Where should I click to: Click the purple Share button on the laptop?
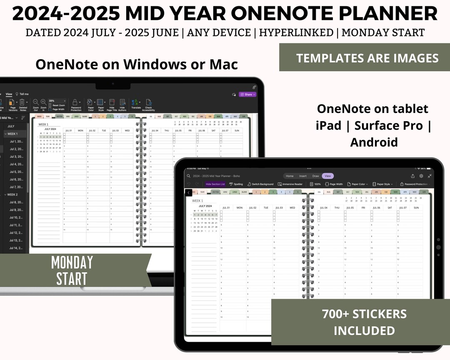(x=247, y=95)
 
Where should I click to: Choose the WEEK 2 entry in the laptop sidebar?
(x=12, y=195)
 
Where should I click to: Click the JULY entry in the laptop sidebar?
(x=11, y=126)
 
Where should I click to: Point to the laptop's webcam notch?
(x=113, y=83)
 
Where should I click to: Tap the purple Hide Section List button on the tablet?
(x=215, y=184)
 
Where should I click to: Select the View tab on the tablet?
(x=328, y=176)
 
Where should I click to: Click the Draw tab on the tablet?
(x=315, y=176)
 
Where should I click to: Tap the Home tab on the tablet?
(x=290, y=176)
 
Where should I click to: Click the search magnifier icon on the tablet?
(x=189, y=176)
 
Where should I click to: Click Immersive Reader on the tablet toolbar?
(x=290, y=184)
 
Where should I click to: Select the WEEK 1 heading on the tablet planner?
(x=197, y=201)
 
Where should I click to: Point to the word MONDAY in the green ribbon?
(x=72, y=262)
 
